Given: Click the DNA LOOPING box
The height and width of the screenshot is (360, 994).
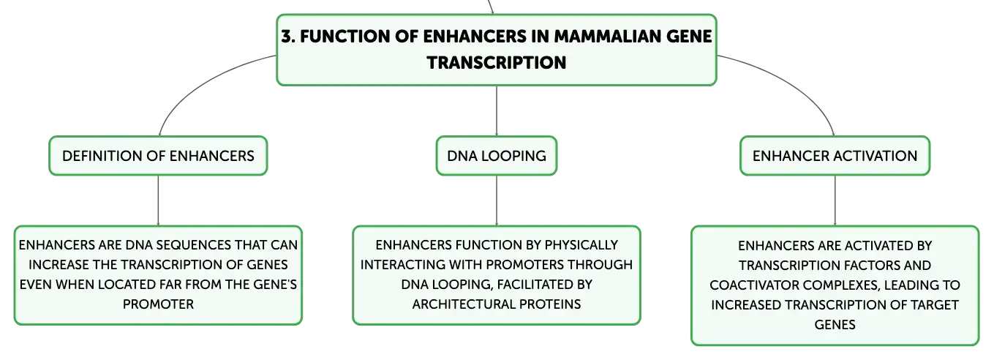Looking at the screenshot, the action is (496, 156).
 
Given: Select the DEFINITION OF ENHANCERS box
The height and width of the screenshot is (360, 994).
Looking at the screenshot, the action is (158, 156).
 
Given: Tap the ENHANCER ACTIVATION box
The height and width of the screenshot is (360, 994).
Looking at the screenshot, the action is (835, 156).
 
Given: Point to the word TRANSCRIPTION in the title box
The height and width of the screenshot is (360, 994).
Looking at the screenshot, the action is (497, 63).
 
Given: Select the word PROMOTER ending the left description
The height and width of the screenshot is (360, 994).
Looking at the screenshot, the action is (158, 304).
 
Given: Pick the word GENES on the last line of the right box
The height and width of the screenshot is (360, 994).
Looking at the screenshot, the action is (835, 324).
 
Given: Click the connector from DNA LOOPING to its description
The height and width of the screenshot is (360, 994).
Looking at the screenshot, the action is (496, 200).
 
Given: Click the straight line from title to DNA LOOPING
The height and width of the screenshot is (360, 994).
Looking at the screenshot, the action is (496, 110).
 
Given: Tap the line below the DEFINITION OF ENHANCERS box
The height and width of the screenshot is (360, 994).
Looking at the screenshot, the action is (158, 200).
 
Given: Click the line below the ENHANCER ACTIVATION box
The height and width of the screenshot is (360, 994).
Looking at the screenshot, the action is (835, 200).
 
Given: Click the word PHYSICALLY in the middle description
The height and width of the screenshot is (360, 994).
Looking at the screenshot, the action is (581, 245).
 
